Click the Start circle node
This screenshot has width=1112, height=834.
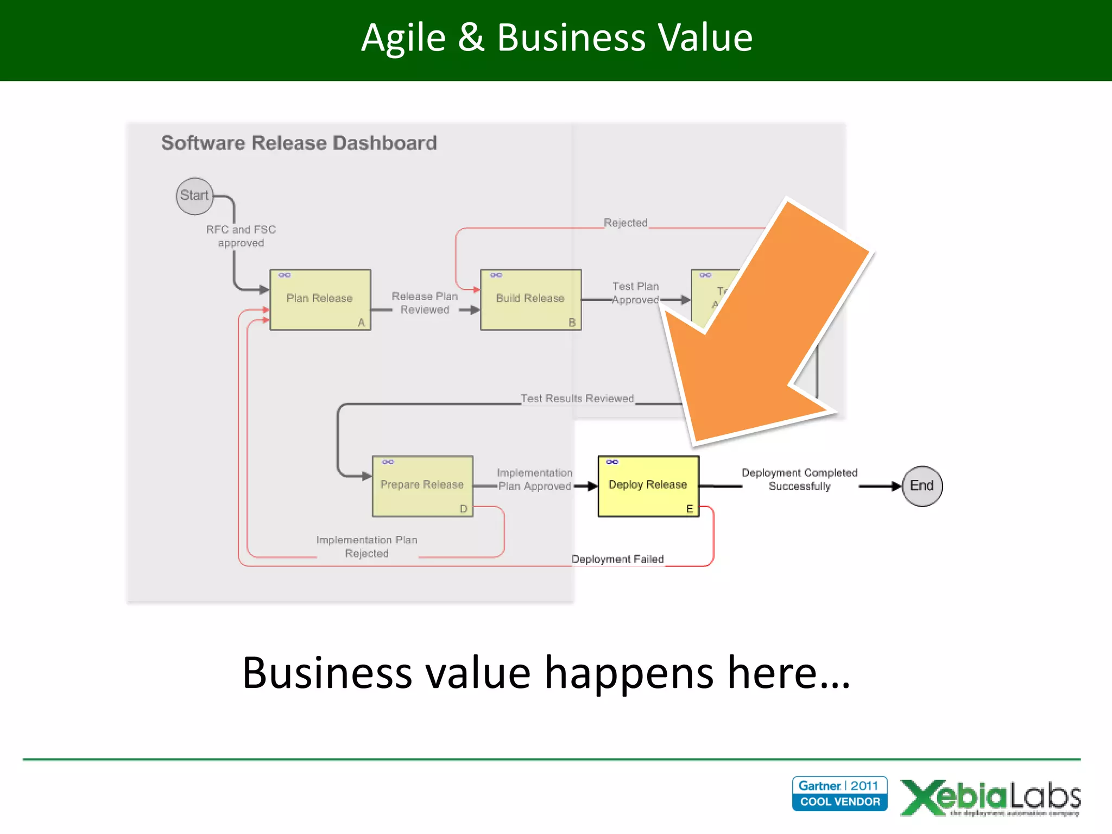tap(194, 196)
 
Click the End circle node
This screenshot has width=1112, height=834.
tap(921, 486)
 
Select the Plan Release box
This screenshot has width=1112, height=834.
tap(320, 299)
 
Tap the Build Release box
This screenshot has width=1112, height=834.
tap(530, 299)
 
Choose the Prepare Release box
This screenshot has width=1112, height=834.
tap(422, 485)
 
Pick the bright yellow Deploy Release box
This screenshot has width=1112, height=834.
tap(648, 485)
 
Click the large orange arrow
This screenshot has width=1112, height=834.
tap(760, 337)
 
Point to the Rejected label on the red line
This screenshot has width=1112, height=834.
tap(625, 223)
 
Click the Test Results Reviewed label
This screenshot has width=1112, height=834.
tap(577, 399)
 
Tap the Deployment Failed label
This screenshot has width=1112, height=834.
tap(617, 559)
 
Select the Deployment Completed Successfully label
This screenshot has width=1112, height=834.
tap(799, 479)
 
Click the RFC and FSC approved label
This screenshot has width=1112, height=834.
tap(241, 236)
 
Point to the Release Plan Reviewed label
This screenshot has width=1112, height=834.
tap(425, 303)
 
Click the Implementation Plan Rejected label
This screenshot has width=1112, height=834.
tap(367, 547)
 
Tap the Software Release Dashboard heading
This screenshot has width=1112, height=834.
tap(299, 143)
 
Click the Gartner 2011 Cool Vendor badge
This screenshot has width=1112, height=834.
tap(839, 793)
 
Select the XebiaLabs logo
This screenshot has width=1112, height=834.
tap(990, 797)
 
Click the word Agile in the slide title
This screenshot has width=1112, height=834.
tap(403, 38)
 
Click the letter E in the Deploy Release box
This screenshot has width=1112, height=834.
tap(690, 509)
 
